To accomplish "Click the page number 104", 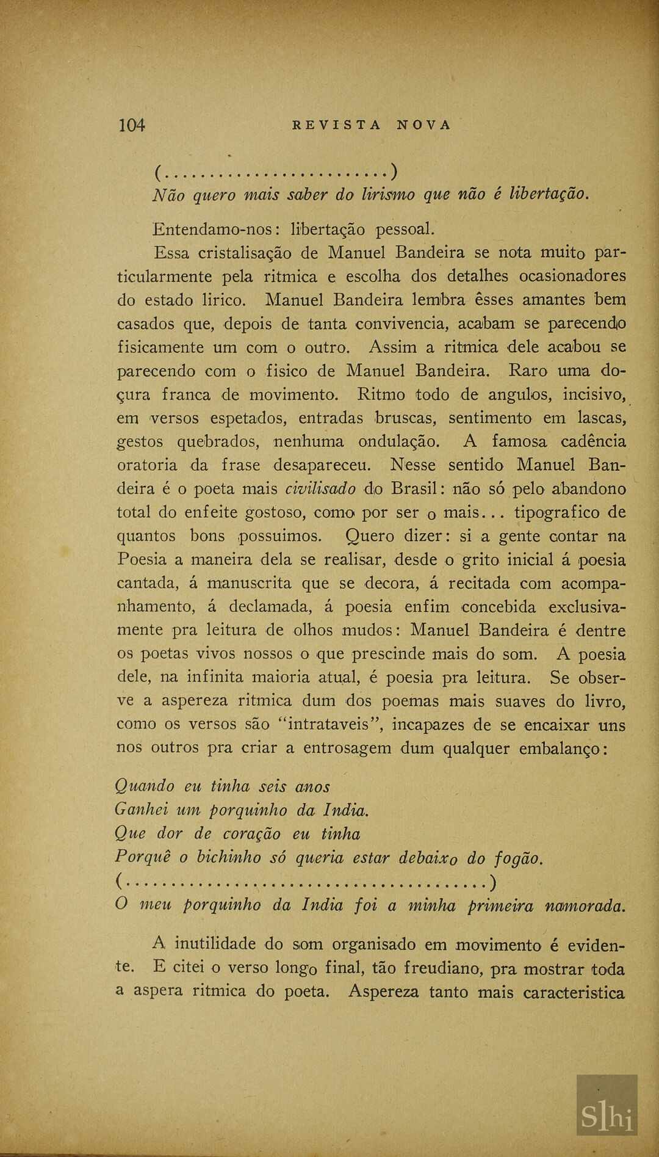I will point(132,125).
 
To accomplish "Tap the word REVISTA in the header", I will point(337,125).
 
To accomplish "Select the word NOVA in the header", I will point(424,125).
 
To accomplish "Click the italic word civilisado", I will point(320,489).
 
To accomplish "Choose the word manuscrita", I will point(250,583).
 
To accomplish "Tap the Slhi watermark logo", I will point(607,1117).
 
